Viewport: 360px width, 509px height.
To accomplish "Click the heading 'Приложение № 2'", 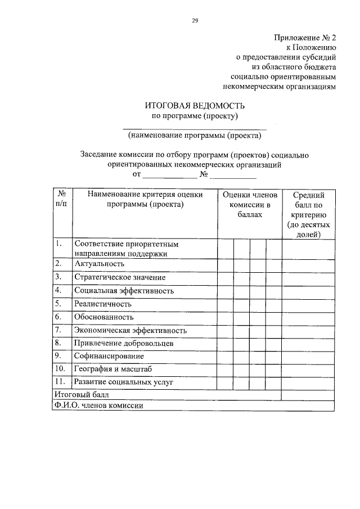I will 304,38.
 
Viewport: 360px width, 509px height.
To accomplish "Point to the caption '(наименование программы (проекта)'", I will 195,136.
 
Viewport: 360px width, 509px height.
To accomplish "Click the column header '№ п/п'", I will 61,199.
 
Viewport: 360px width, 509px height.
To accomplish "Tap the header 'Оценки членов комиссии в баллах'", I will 250,205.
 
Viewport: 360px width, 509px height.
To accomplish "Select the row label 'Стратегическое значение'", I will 120,277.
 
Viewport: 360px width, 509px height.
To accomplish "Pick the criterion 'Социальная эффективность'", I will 124,291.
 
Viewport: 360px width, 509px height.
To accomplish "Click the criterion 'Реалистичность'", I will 103,304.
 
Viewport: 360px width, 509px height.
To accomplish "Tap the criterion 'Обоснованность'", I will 103,317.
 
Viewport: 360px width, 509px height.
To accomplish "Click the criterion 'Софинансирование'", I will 109,356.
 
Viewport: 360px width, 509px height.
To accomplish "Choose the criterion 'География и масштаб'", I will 112,369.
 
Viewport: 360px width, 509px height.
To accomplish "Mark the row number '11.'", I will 60,382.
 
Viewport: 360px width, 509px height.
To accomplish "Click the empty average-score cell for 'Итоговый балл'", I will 309,394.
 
